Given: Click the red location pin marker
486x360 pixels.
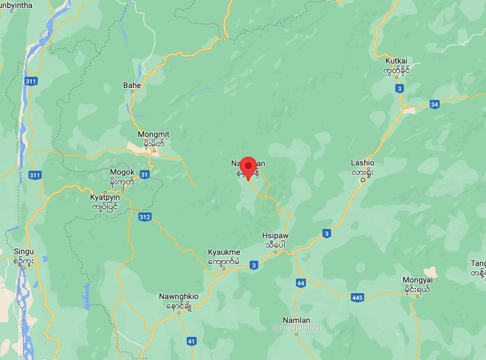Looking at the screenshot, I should pos(248,167).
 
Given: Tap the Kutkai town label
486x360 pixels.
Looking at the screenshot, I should pos(397,61).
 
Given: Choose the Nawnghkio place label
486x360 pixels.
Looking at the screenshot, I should pos(179,296).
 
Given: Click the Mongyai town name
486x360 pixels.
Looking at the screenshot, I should pos(416,280).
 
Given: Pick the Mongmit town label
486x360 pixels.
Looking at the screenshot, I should pos(153,134).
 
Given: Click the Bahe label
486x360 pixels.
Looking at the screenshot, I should pos(132,85).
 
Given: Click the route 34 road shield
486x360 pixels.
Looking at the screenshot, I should pos(434,104).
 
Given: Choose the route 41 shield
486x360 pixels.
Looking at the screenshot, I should pos(191,341).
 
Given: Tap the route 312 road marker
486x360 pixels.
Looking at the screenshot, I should pos(145,216).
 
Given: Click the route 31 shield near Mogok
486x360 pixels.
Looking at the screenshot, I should pos(145,173).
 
